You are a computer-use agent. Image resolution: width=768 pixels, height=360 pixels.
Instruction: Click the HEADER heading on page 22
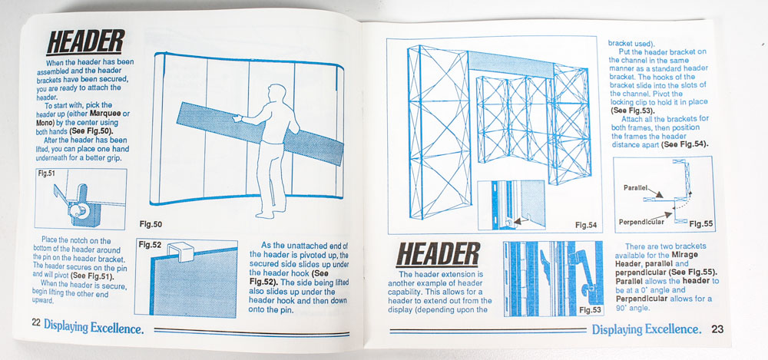click(85, 41)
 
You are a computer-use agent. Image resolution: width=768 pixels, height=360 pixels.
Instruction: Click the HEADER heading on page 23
click(438, 254)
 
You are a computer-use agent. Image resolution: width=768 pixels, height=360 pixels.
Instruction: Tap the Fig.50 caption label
click(151, 225)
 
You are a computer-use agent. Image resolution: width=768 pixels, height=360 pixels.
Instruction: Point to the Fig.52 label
click(150, 245)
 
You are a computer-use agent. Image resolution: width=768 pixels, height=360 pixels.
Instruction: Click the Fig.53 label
click(590, 309)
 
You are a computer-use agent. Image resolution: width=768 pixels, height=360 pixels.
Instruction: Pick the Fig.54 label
click(587, 226)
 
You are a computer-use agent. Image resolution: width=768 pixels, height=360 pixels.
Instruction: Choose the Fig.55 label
click(701, 224)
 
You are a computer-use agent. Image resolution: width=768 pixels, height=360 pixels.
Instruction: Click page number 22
click(36, 322)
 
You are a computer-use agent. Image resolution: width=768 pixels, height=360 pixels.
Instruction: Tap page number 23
click(717, 329)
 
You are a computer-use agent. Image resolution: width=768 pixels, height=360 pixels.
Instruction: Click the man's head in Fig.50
click(276, 94)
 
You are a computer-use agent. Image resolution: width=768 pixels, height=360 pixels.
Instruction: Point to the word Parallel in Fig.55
click(636, 187)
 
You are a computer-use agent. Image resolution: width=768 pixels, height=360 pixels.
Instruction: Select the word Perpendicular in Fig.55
click(641, 222)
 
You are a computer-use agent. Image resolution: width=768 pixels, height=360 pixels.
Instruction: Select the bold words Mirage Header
click(657, 259)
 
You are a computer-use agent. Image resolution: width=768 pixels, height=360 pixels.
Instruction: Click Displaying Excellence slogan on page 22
click(94, 326)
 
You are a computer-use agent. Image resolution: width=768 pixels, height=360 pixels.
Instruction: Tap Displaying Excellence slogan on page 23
click(647, 329)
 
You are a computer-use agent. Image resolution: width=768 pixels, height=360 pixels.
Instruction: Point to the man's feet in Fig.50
click(269, 213)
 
